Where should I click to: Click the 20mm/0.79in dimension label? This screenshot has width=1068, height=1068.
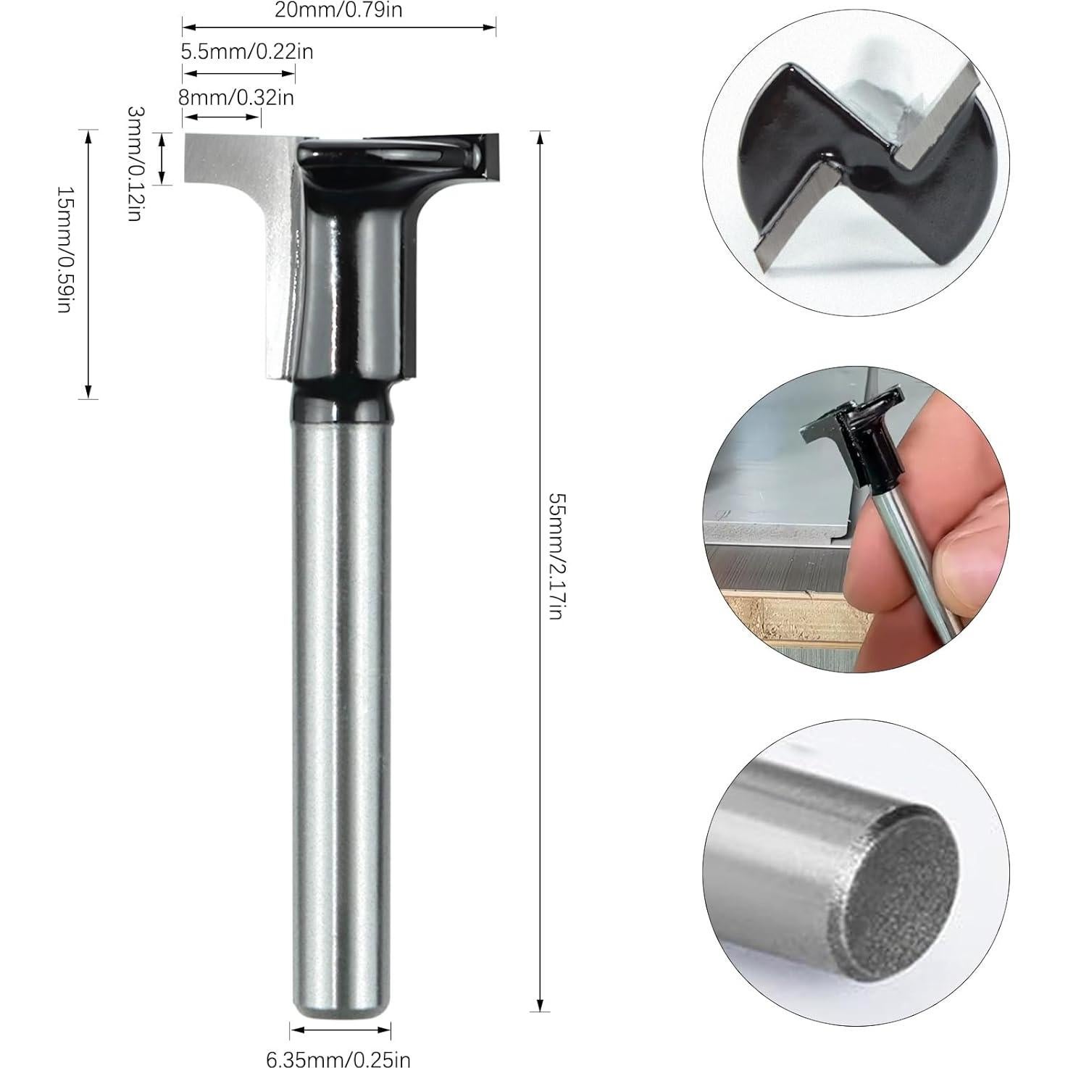pyautogui.click(x=338, y=10)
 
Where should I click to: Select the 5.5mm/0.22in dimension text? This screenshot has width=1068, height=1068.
pyautogui.click(x=246, y=52)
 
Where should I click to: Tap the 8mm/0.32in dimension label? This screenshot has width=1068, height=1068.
pyautogui.click(x=238, y=96)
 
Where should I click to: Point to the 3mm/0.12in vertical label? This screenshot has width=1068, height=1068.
pyautogui.click(x=134, y=163)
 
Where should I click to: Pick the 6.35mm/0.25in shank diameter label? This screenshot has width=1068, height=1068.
pyautogui.click(x=338, y=1060)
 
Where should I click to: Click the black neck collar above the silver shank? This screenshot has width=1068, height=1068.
pyautogui.click(x=340, y=402)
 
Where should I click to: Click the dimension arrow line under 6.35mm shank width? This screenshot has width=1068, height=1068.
pyautogui.click(x=340, y=1030)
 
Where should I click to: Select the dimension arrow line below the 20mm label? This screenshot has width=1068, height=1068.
pyautogui.click(x=338, y=28)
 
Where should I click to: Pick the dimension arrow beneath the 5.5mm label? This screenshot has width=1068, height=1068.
pyautogui.click(x=238, y=72)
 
